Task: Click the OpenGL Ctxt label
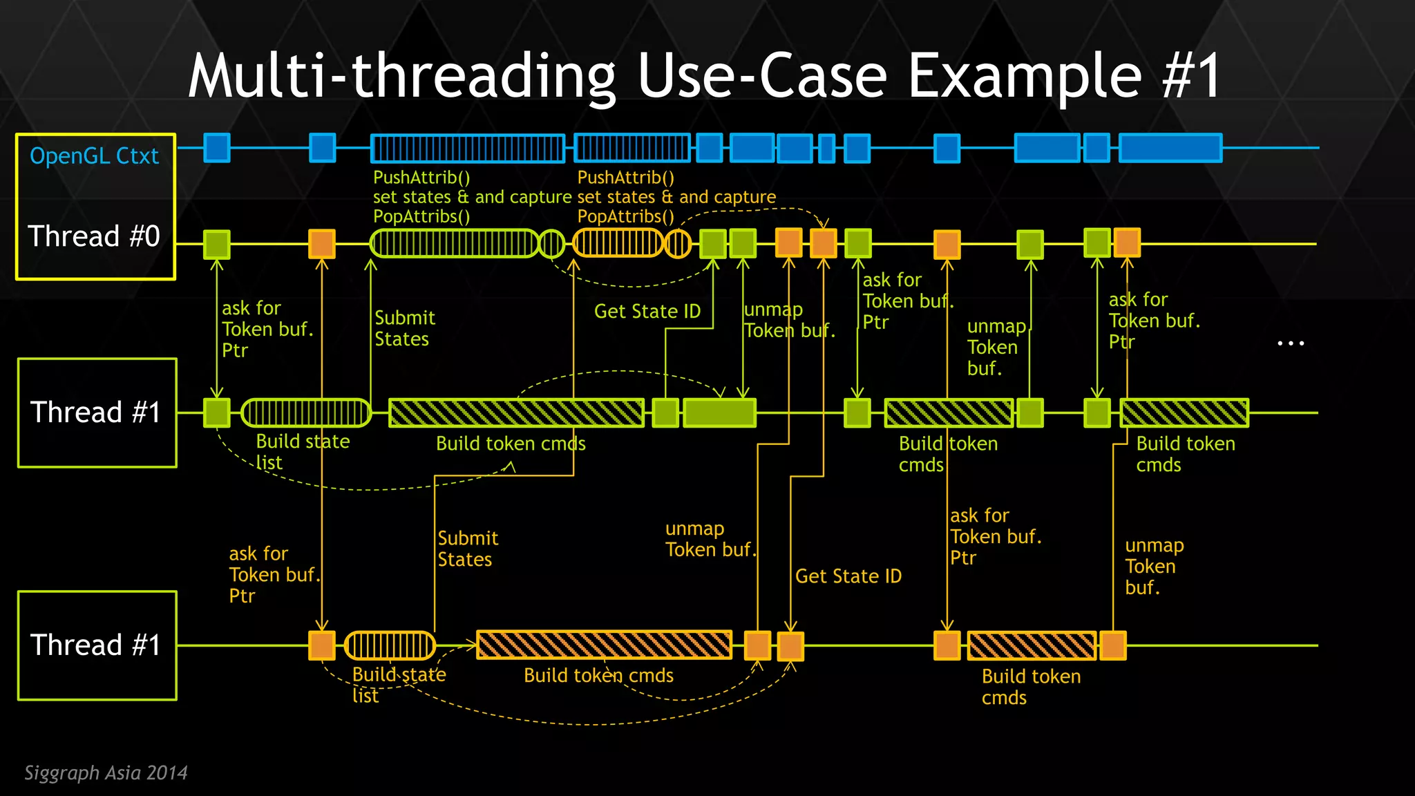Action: click(x=94, y=156)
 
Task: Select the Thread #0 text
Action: click(x=94, y=236)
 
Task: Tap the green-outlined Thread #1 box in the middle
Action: click(x=97, y=413)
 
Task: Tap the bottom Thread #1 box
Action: click(x=97, y=645)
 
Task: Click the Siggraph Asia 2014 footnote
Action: click(x=106, y=773)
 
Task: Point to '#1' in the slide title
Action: click(x=1191, y=76)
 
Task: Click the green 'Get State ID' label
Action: click(x=647, y=312)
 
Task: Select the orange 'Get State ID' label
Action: click(x=848, y=576)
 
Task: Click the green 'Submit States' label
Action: click(x=404, y=328)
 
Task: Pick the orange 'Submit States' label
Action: click(x=468, y=549)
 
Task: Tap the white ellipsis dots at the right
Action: click(x=1290, y=343)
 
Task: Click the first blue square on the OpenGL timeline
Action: click(x=217, y=148)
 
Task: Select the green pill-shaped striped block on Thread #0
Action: click(x=454, y=243)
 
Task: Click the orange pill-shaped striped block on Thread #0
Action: click(x=618, y=243)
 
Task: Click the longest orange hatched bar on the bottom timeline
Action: click(x=604, y=645)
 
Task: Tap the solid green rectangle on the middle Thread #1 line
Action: click(x=719, y=413)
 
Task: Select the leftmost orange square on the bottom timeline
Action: click(x=322, y=645)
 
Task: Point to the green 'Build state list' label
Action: click(x=302, y=452)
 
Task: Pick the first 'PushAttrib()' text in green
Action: click(x=421, y=178)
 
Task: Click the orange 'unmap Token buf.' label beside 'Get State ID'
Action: click(x=710, y=539)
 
